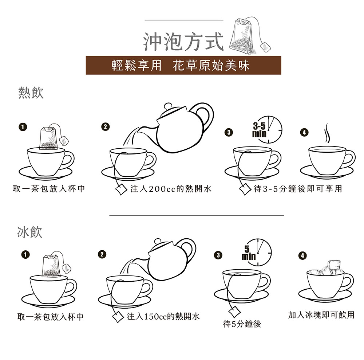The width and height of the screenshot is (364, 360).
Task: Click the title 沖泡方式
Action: click(x=183, y=42)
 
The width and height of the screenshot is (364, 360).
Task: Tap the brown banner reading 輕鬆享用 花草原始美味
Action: click(x=183, y=65)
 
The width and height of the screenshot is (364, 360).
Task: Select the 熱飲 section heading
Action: click(x=31, y=93)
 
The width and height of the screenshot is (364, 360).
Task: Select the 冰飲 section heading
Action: click(x=30, y=232)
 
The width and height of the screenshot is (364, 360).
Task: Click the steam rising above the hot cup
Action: click(x=327, y=134)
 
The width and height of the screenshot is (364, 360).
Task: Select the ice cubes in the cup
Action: click(x=327, y=269)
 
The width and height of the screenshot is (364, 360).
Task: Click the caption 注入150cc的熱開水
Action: click(x=163, y=316)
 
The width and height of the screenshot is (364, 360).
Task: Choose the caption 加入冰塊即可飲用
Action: click(x=321, y=315)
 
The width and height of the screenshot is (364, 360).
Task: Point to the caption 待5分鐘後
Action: click(x=242, y=324)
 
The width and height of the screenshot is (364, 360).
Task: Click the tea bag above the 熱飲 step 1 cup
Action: click(x=50, y=138)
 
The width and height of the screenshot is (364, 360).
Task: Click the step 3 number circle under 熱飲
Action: click(x=228, y=132)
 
